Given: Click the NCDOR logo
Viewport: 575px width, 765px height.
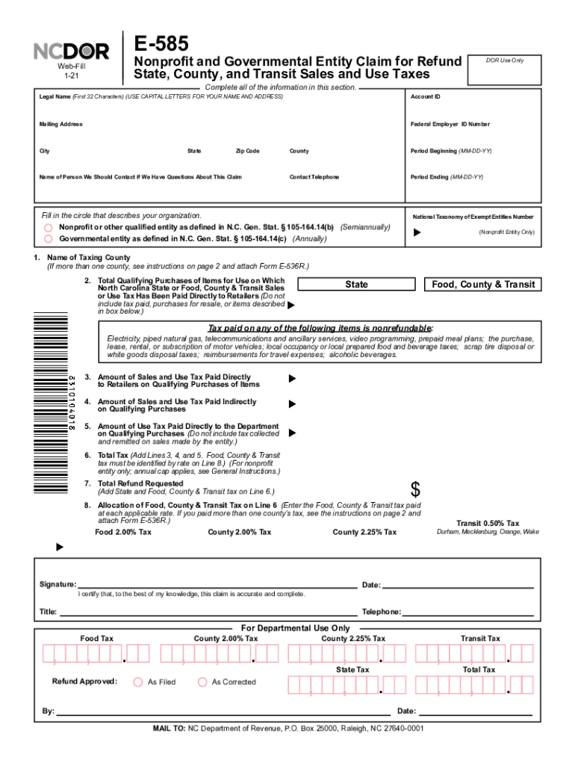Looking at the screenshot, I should [72, 52].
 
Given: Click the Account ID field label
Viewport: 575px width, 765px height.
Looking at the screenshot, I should [425, 96].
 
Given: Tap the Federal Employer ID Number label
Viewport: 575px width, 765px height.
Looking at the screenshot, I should [450, 124].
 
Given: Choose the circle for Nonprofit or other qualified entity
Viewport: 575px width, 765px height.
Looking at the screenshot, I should [48, 227].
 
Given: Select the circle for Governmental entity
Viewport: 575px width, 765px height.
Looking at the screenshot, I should [48, 239].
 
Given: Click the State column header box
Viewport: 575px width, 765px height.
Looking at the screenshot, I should [356, 285].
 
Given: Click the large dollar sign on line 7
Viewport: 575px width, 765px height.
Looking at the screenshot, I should [416, 490].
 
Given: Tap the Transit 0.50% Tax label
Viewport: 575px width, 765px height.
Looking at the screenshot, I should [488, 523].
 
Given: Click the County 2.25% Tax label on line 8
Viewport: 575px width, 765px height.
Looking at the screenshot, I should [364, 533].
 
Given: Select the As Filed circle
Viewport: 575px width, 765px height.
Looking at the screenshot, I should [137, 682].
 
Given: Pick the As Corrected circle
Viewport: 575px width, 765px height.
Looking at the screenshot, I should [202, 682].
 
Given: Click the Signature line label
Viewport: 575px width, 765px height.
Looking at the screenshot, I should [57, 584].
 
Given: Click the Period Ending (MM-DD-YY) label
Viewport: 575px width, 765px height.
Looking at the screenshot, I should [447, 177].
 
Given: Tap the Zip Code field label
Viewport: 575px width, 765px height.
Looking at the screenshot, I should [247, 151].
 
